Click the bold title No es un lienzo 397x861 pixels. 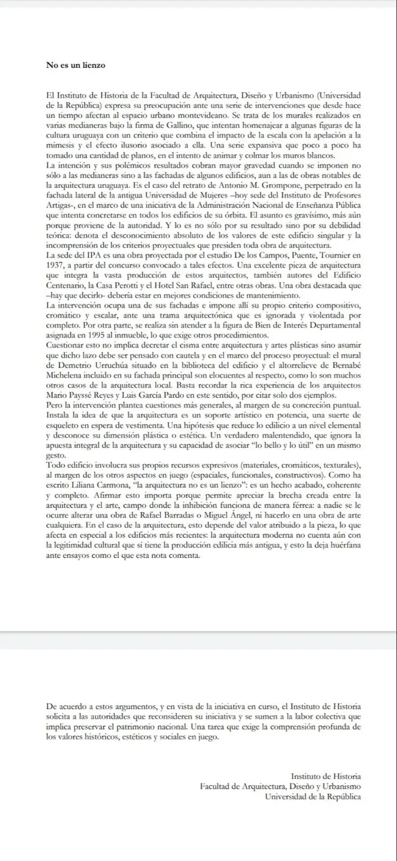pyautogui.click(x=76, y=65)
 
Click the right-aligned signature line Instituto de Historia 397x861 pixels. pyautogui.click(x=325, y=776)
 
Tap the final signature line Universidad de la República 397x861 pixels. pyautogui.click(x=313, y=797)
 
